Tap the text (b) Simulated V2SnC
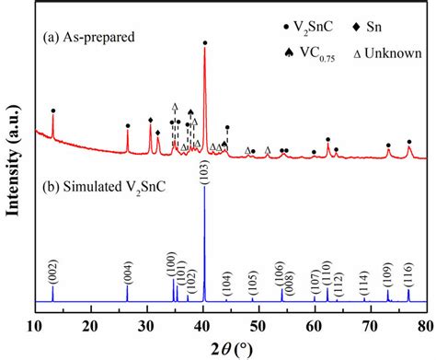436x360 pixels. (103, 194)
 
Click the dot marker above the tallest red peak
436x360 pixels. (204, 41)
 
